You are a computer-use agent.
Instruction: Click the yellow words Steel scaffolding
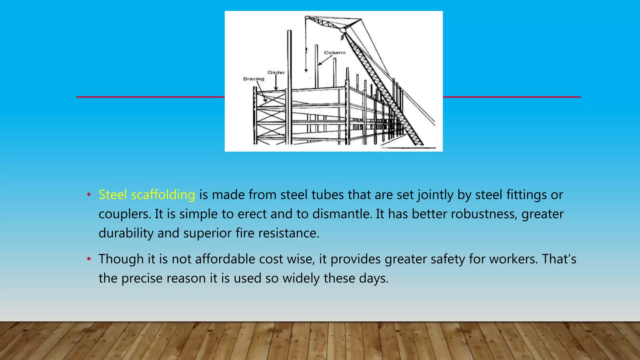coord(147,195)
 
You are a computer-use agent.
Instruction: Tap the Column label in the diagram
coord(335,52)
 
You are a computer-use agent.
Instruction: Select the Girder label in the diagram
coord(276,72)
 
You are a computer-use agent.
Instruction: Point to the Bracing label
coord(253,79)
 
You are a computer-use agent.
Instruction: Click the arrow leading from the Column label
coord(325,60)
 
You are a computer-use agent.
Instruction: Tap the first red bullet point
coord(89,195)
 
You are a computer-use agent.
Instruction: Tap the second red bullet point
coord(89,259)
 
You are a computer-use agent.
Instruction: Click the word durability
coord(126,233)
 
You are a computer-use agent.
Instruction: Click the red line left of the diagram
coord(150,97)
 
